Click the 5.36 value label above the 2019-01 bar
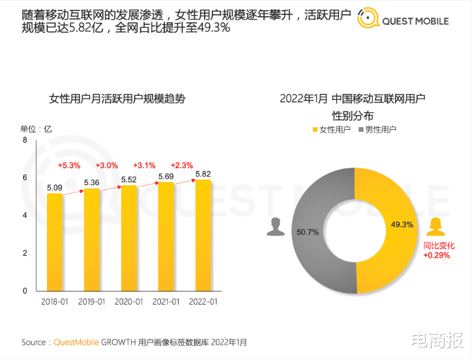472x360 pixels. (x=92, y=183)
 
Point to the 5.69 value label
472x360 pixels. (x=166, y=176)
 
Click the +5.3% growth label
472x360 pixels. (x=69, y=166)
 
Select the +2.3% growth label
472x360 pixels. (x=181, y=166)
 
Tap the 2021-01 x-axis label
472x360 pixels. (x=166, y=301)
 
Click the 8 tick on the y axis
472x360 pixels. (x=25, y=140)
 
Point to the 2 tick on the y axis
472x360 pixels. (x=25, y=253)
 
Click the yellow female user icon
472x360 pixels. (x=435, y=226)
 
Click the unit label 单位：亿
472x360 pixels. (x=36, y=128)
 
